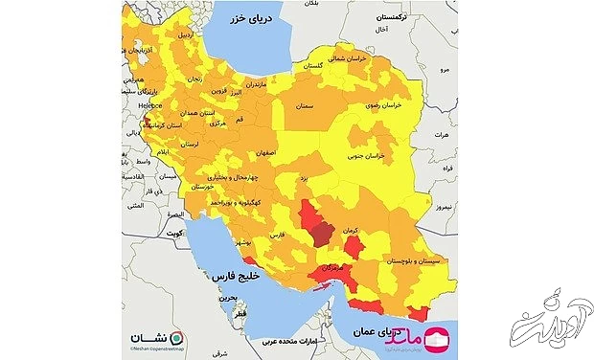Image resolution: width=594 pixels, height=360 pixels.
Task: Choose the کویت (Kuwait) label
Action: click(x=175, y=233)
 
